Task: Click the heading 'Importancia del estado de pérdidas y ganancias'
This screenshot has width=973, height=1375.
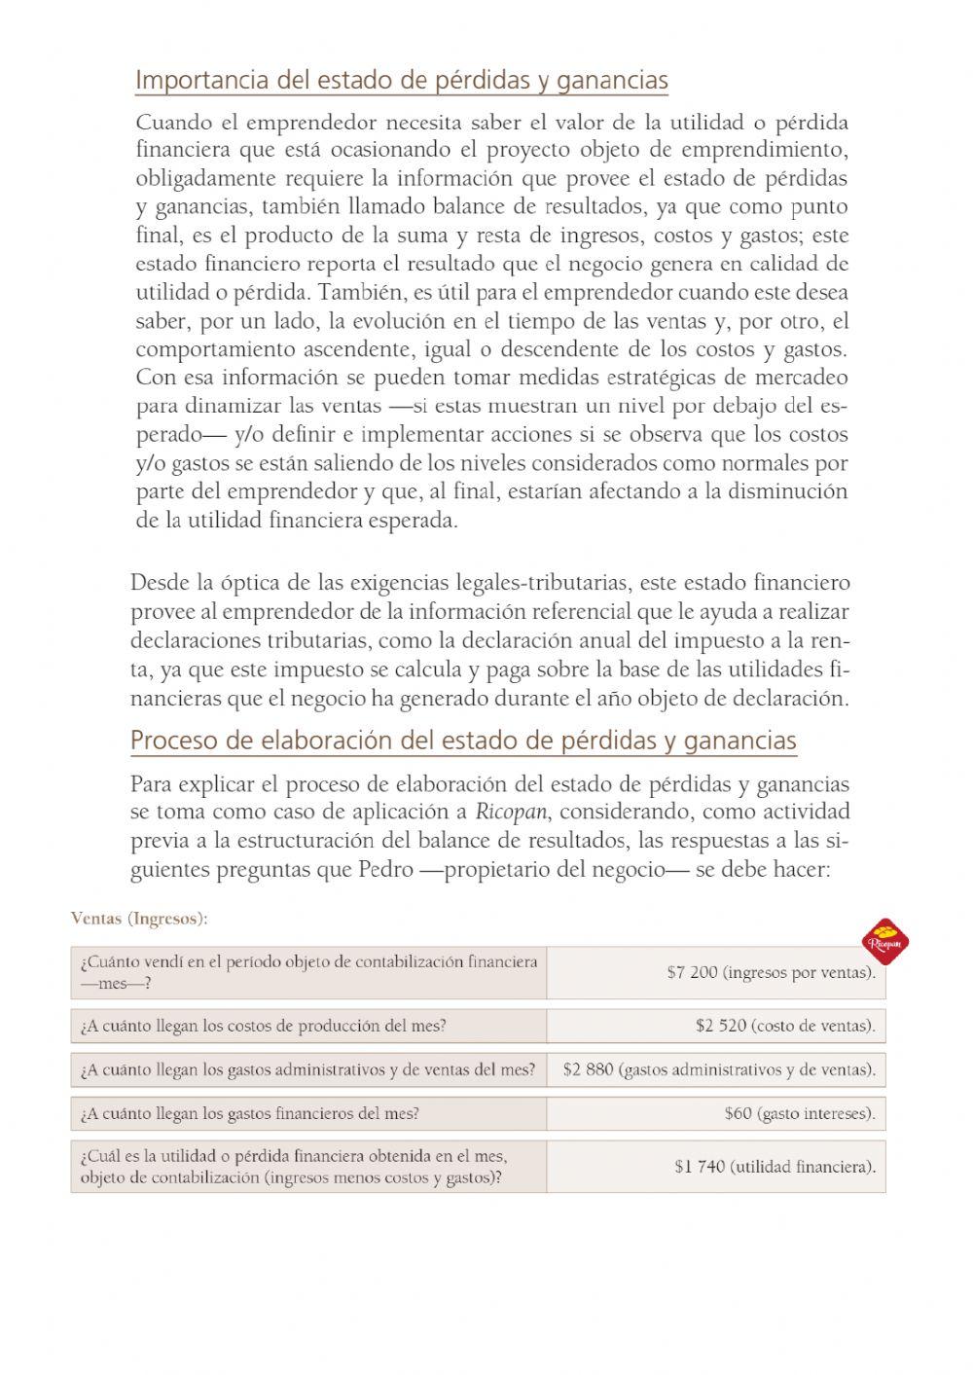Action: pyautogui.click(x=401, y=80)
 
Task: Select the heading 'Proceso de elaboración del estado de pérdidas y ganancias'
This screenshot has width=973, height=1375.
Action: pyautogui.click(x=463, y=741)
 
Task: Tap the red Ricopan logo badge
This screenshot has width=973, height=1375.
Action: pyautogui.click(x=885, y=941)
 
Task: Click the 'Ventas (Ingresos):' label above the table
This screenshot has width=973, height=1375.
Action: pyautogui.click(x=139, y=918)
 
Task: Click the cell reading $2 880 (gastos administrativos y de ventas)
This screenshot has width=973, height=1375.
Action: pyautogui.click(x=718, y=1069)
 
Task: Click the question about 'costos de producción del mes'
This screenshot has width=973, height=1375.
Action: pyautogui.click(x=263, y=1025)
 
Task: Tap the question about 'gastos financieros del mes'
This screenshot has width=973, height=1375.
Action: pyautogui.click(x=250, y=1113)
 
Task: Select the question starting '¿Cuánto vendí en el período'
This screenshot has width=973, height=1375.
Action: pyautogui.click(x=307, y=972)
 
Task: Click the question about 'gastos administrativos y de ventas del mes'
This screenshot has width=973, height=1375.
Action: pyautogui.click(x=307, y=1069)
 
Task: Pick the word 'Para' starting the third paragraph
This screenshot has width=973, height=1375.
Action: pyautogui.click(x=150, y=783)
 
